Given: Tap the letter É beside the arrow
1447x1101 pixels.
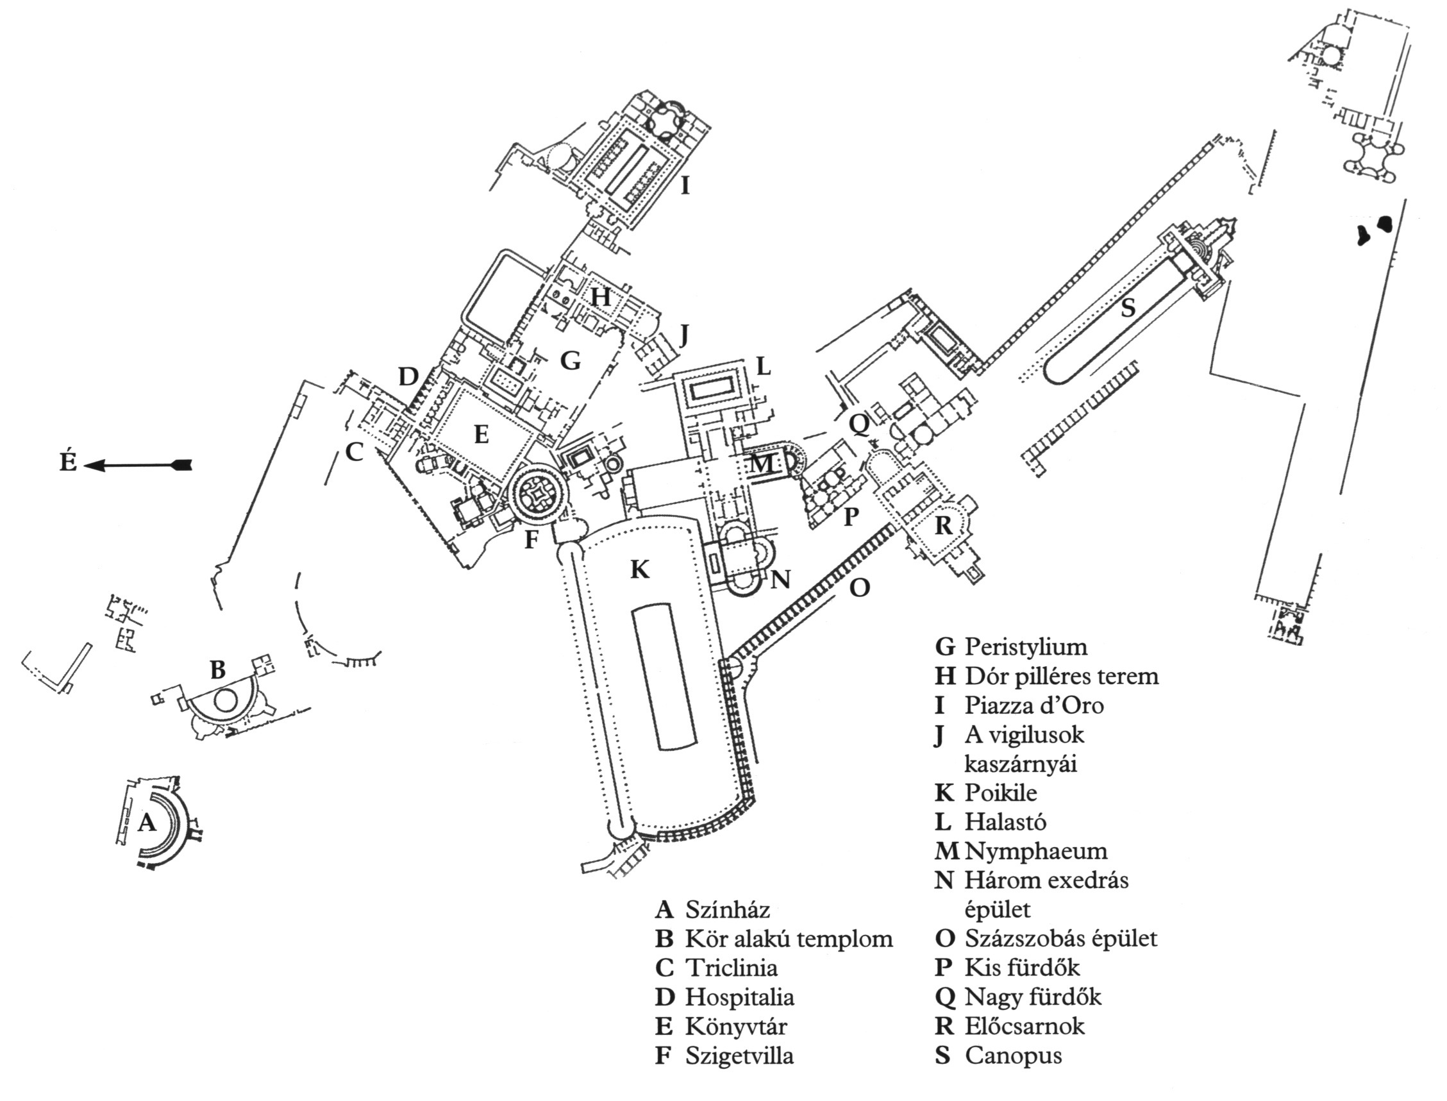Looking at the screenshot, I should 69,463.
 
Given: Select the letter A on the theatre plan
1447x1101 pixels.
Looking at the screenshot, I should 147,822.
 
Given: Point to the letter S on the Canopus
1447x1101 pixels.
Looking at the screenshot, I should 1127,307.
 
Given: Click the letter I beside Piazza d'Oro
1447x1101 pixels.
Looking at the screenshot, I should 685,187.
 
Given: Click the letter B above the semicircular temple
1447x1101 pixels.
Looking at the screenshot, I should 217,670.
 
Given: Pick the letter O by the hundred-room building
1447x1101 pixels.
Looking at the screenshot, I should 860,588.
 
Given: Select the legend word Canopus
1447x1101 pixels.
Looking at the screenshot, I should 1013,1055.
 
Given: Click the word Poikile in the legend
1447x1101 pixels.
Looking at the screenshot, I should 1000,793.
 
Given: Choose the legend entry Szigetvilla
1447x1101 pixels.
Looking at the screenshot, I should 739,1055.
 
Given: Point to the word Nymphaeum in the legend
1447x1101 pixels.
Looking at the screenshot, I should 1035,852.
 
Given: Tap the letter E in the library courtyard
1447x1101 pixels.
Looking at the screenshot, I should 481,435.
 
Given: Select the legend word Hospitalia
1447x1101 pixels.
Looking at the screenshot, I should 740,998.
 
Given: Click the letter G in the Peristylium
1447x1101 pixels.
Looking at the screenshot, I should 571,360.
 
